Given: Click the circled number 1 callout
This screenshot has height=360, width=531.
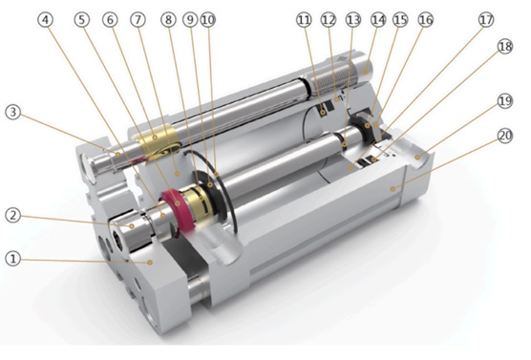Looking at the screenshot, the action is [x=12, y=259].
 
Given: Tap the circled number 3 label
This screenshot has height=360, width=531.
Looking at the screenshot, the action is [x=12, y=112].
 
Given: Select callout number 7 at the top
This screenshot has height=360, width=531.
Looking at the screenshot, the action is [x=138, y=20].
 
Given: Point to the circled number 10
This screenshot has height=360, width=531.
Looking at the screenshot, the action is [x=208, y=20].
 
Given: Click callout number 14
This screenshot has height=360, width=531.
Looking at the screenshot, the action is [x=378, y=20].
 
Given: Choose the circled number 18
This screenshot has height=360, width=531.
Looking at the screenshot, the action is [x=505, y=47].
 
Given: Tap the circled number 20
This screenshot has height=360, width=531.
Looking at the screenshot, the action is [x=505, y=136].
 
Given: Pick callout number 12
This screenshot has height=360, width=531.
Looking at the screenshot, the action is [x=329, y=20].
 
